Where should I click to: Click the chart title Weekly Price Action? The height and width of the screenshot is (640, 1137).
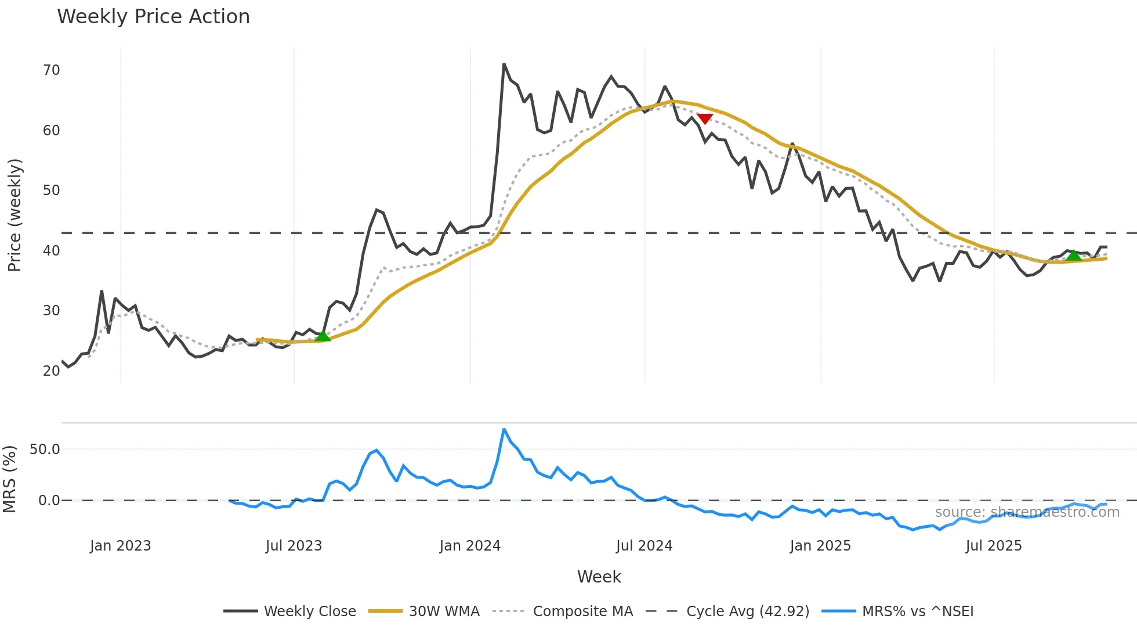153,17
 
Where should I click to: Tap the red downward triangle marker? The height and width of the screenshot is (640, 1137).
704,118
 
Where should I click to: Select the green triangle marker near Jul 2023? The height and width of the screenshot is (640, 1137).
323,336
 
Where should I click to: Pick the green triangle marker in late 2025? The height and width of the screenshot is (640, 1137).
1074,255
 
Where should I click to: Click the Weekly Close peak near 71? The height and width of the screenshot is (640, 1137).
504,64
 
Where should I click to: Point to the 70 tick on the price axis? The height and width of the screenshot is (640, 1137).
51,70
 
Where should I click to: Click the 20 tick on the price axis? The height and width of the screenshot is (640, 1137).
51,371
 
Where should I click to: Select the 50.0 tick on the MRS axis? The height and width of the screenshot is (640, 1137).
45,449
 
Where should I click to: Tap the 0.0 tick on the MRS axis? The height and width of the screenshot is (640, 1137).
49,500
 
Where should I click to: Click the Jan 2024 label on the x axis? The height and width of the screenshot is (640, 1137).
470,546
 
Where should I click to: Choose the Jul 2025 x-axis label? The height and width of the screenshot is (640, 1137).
994,546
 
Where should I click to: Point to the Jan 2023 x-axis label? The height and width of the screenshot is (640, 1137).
121,546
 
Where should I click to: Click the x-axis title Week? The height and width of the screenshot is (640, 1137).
599,577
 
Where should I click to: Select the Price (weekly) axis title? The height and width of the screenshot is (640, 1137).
15,215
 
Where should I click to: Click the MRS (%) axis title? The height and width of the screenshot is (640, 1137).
9,479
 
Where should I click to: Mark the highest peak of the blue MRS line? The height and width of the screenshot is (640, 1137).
504,429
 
